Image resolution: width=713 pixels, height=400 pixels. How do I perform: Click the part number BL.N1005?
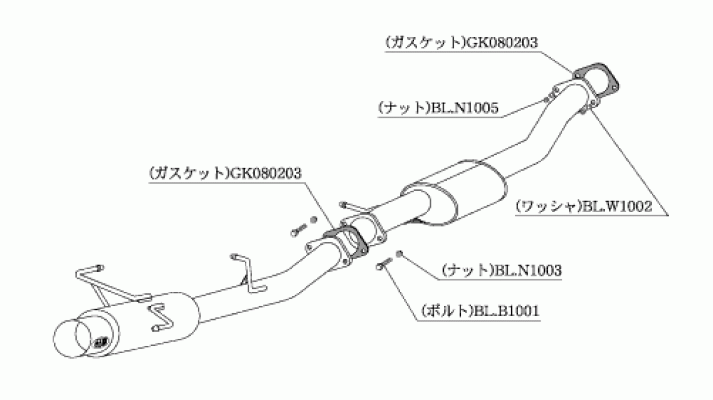(x=465, y=108)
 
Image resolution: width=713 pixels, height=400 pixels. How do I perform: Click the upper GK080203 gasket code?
(x=501, y=42)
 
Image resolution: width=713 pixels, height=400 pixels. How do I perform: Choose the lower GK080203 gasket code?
(x=265, y=174)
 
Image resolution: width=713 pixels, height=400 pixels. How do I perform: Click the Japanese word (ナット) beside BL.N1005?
(x=404, y=108)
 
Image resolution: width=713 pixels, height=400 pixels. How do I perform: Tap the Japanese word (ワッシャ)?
(x=547, y=206)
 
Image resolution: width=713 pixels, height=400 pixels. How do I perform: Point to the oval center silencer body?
(x=453, y=194)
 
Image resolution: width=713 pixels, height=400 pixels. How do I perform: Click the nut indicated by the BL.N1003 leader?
(x=399, y=254)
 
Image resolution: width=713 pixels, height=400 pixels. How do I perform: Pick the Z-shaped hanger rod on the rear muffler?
(x=161, y=316)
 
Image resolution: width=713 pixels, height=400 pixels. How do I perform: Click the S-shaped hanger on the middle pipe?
(x=249, y=274)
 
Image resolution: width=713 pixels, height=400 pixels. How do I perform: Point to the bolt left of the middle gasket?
(x=298, y=230)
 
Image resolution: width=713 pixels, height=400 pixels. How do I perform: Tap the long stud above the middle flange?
(x=355, y=207)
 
